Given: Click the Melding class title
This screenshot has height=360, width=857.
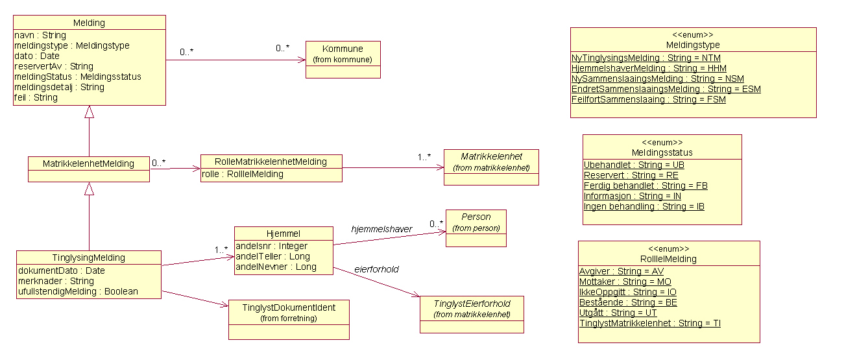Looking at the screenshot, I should (x=89, y=23).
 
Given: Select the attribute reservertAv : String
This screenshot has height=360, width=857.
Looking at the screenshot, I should (x=54, y=66).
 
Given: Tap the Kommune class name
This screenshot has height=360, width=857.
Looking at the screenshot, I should (x=343, y=49).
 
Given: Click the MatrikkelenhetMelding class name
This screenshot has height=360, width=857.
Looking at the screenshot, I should (x=88, y=163).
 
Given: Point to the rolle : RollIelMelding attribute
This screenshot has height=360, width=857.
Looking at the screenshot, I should (x=243, y=174).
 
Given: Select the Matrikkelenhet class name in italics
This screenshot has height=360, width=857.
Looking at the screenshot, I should (x=491, y=156).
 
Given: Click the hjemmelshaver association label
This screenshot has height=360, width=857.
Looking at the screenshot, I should (x=381, y=229).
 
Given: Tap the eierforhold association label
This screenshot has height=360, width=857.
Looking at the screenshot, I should (x=376, y=269).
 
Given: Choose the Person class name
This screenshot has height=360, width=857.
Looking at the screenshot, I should (x=476, y=217).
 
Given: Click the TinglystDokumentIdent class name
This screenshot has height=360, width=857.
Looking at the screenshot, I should (x=289, y=307).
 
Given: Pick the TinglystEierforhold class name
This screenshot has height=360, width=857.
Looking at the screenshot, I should (x=472, y=304).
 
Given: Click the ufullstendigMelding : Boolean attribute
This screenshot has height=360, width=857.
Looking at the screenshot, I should (x=78, y=291).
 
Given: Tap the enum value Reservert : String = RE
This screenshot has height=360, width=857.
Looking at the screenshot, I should (x=631, y=175).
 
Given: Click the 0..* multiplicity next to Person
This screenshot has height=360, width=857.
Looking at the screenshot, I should (x=436, y=224).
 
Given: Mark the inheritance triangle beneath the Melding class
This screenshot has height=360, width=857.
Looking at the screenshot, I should (x=90, y=112).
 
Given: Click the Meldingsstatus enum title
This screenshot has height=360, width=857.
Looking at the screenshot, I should (x=662, y=152).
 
